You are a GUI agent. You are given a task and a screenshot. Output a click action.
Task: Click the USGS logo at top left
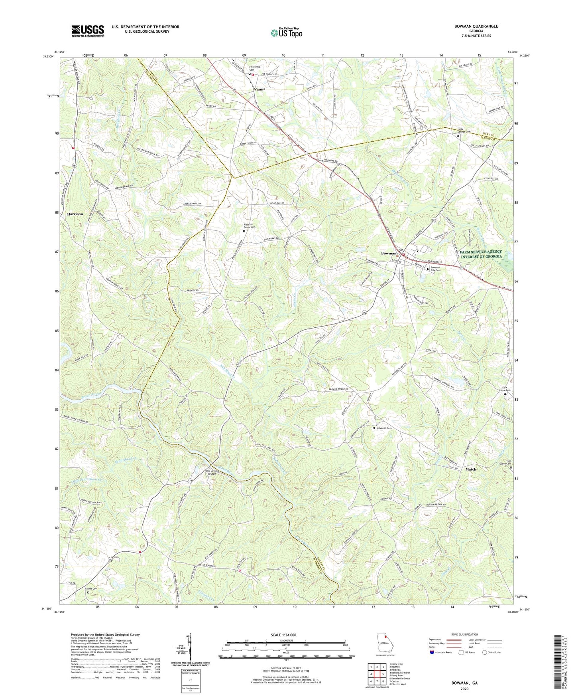[88, 31]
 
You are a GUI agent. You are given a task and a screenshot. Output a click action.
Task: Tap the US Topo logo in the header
[286, 33]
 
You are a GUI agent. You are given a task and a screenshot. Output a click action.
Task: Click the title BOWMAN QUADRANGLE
[476, 26]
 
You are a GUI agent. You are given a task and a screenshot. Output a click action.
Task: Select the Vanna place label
[259, 89]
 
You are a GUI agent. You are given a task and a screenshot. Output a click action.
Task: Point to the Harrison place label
[75, 214]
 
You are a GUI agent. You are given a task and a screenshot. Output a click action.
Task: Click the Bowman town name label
[389, 253]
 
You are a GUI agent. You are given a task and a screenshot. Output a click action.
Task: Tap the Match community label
[470, 469]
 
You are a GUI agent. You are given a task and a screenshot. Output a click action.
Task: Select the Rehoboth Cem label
[384, 428]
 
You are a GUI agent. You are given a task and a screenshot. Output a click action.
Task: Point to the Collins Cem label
[91, 589]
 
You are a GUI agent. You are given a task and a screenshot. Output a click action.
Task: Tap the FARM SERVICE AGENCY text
[480, 252]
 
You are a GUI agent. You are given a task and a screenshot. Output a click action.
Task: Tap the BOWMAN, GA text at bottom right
[464, 683]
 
